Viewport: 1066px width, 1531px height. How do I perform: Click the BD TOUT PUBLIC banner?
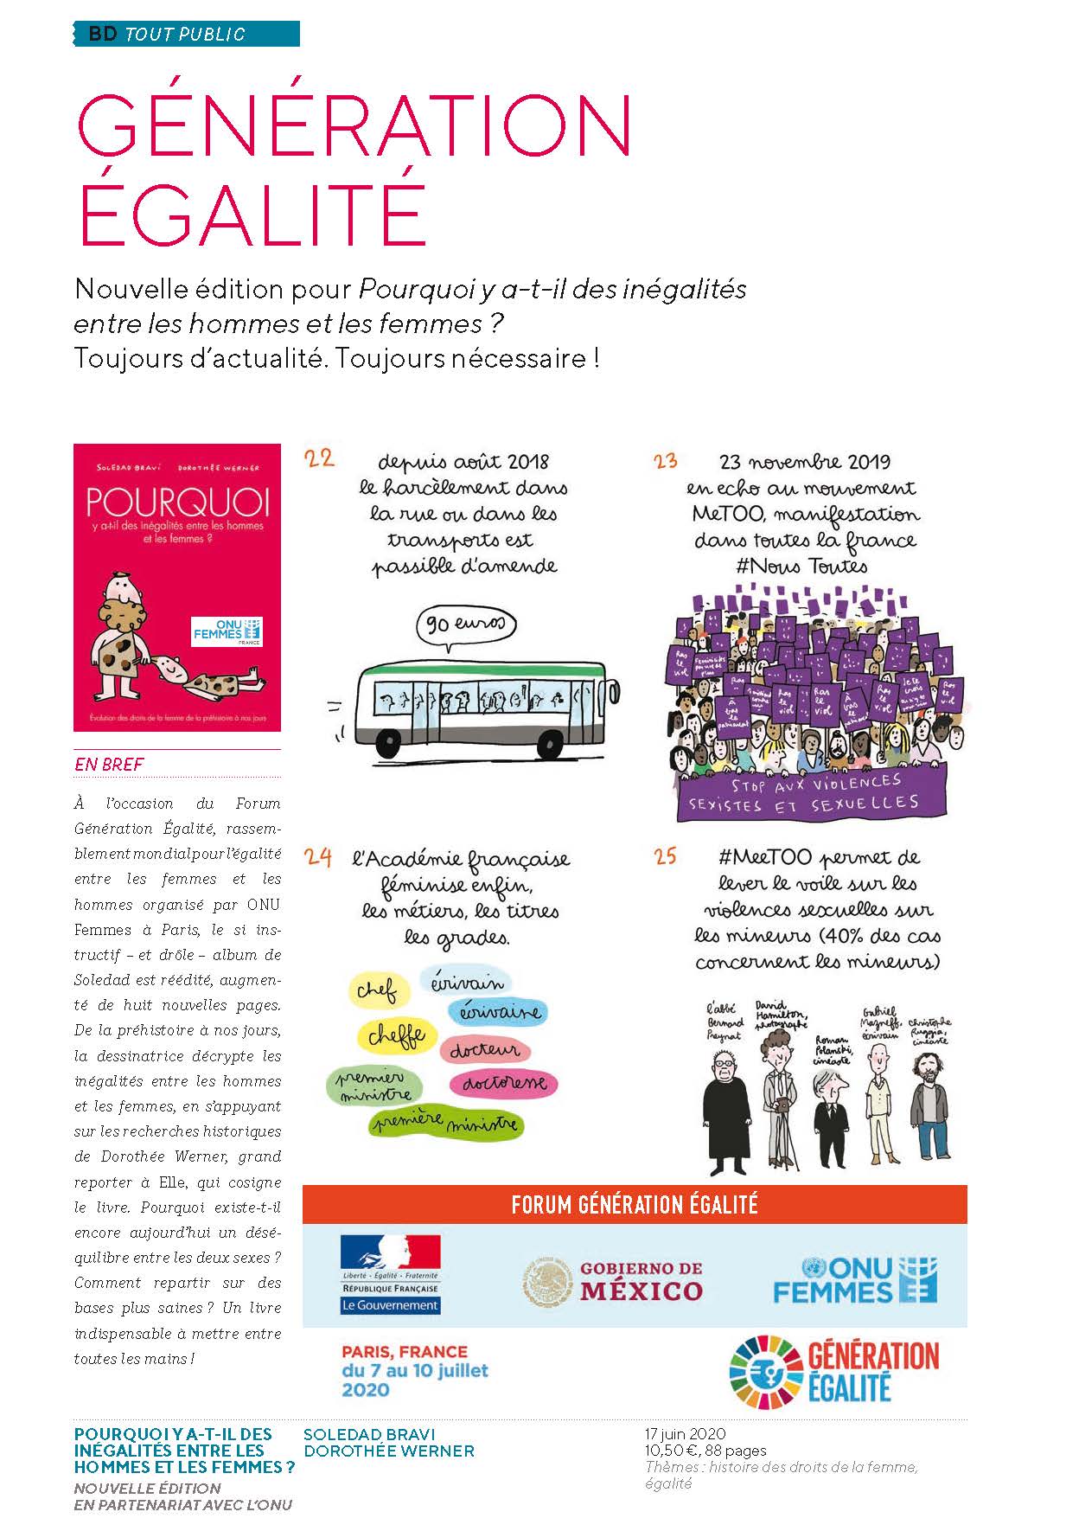(x=186, y=35)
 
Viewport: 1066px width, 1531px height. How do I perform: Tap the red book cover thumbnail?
(x=177, y=587)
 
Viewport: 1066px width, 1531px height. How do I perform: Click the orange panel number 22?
(x=319, y=458)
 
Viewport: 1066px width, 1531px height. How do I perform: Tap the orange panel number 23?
(x=665, y=461)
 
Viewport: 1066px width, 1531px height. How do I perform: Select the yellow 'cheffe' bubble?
(x=396, y=1035)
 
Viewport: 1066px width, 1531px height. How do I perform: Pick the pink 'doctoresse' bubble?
(x=503, y=1083)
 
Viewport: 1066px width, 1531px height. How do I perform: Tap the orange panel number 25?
(x=665, y=857)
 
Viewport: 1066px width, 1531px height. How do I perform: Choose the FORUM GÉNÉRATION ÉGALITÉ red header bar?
(x=635, y=1204)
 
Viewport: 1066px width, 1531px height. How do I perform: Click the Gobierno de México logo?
(x=613, y=1280)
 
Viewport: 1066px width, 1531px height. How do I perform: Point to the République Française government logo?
(x=390, y=1274)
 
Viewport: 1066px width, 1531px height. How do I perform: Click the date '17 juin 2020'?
(x=685, y=1433)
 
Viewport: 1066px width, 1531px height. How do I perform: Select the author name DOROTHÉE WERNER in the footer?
(x=389, y=1451)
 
